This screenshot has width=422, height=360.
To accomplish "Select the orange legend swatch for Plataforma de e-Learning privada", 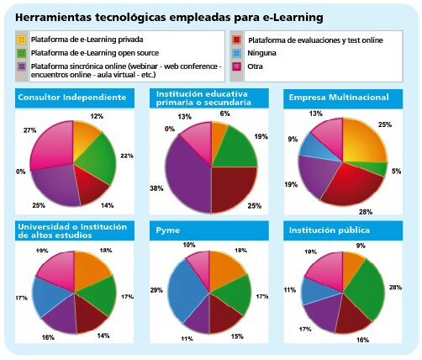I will pyautogui.click(x=21, y=40).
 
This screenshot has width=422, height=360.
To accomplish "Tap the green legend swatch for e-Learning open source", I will pyautogui.click(x=21, y=52).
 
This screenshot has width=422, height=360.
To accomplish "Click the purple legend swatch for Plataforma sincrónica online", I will pyautogui.click(x=21, y=65).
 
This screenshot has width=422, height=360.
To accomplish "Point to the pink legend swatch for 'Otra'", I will pyautogui.click(x=238, y=65).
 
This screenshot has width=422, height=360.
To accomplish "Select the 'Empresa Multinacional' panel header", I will pyautogui.click(x=340, y=98).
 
